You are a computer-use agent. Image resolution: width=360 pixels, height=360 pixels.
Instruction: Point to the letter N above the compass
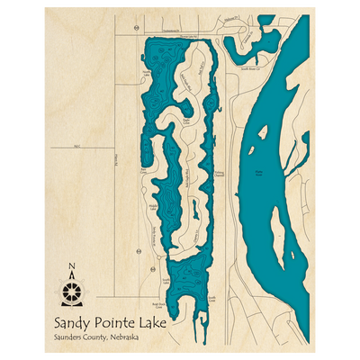click(72, 265)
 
